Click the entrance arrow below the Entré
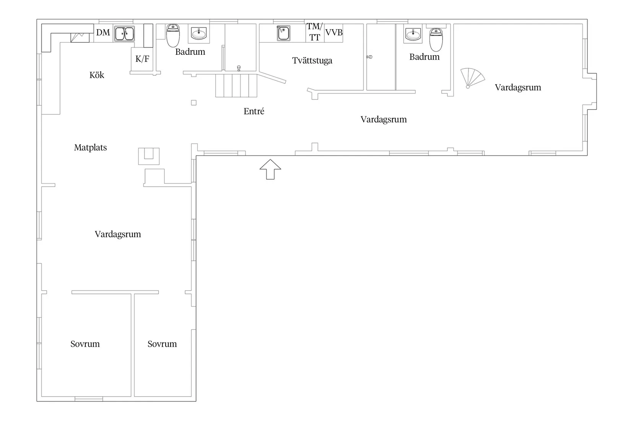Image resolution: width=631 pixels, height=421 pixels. (x=270, y=170)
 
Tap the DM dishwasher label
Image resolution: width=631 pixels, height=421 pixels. (x=103, y=33)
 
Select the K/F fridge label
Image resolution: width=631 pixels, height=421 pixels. (x=142, y=59)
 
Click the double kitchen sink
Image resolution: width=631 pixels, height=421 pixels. (x=124, y=34)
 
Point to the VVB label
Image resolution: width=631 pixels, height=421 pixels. (x=334, y=33)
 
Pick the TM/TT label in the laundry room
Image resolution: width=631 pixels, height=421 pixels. (x=314, y=32)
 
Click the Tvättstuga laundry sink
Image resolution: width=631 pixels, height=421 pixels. (x=283, y=33)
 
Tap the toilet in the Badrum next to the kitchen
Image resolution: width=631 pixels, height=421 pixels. (x=173, y=36)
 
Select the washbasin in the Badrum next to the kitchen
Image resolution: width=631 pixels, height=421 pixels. (x=198, y=34)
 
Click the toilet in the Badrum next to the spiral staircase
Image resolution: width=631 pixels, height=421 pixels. (x=436, y=40)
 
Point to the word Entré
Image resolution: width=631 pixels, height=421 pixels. (x=254, y=111)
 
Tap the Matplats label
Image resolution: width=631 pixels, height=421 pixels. (x=90, y=147)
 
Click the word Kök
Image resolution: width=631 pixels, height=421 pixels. (x=97, y=75)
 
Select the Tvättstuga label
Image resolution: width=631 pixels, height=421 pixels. (x=312, y=60)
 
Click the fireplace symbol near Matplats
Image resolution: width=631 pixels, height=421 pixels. (x=149, y=156)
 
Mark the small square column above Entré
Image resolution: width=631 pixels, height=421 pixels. (x=194, y=103)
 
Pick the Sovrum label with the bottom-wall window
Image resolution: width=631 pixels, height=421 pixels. (x=85, y=344)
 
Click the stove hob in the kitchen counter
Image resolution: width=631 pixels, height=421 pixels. (x=80, y=38)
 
